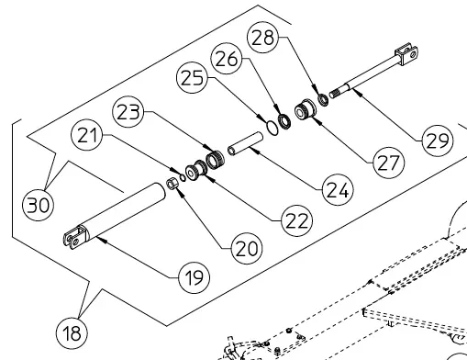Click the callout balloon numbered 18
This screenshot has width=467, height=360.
pos(72,332)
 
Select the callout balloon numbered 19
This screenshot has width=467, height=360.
pos(195,277)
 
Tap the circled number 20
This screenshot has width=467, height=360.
pos(247,248)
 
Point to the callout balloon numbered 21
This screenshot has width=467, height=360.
pos(86,135)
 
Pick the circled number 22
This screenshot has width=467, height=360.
pos(296,220)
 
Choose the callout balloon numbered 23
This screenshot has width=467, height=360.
pos(128,112)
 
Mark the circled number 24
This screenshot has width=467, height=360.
pos(338,190)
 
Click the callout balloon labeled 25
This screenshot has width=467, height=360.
pos(192,77)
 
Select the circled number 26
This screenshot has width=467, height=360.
pos(227,59)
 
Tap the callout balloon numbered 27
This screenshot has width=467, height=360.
pos(389,163)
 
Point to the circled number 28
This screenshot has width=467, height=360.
pos(262,38)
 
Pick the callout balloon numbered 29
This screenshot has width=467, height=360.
pos(438,141)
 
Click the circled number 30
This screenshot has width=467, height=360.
pos(39,205)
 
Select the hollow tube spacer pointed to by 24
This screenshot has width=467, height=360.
pos(246,144)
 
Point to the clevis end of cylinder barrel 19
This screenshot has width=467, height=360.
pos(75,237)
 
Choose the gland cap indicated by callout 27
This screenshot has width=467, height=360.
pos(305,109)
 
